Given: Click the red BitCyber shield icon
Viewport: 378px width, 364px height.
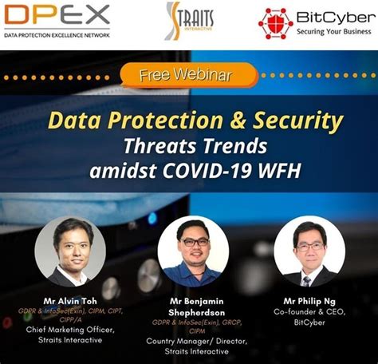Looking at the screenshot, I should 275,22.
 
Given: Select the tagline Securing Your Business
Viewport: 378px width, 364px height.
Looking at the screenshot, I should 335,33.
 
